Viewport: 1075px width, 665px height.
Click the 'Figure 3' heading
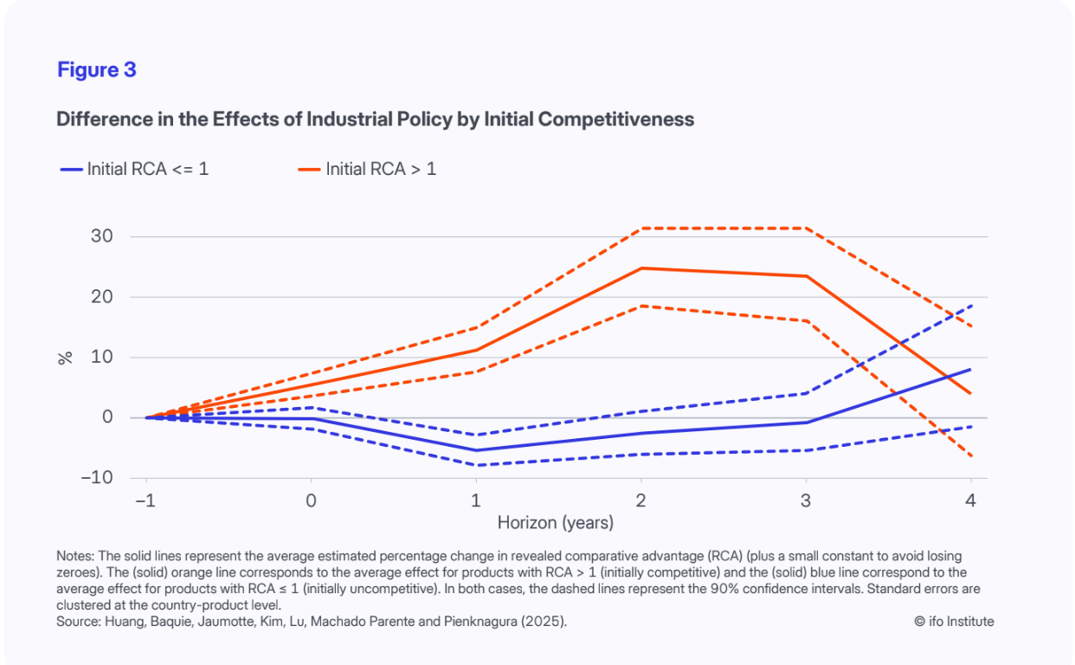[x=97, y=70]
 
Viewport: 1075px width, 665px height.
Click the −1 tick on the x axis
[x=145, y=500]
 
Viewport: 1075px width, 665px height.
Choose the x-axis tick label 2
[x=640, y=500]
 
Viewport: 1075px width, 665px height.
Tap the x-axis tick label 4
[x=971, y=500]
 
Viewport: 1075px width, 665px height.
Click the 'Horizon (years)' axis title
[x=555, y=523]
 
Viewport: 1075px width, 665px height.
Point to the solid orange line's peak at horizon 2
[x=640, y=268]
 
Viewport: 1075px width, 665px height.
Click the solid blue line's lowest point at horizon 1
[x=475, y=450]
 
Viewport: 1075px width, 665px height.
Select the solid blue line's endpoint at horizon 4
[x=971, y=370]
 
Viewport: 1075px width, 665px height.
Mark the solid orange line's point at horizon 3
[x=806, y=276]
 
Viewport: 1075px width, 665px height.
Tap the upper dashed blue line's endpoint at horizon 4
[x=971, y=306]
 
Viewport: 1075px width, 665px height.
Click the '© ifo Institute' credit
[x=954, y=622]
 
